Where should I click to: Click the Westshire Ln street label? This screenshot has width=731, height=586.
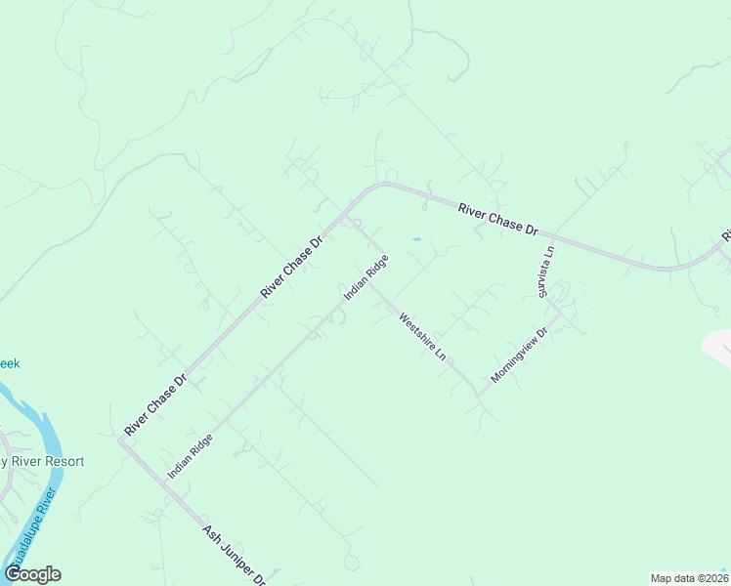coord(421,336)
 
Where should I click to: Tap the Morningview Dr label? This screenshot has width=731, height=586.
coord(521,354)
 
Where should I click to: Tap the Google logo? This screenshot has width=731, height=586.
coord(32,574)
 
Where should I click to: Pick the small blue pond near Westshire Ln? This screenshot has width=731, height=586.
coord(417,238)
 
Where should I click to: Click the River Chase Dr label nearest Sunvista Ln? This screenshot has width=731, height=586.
coord(498,217)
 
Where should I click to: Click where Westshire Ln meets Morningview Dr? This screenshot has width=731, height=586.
coord(479,393)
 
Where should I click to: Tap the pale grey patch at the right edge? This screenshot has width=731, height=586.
coord(718,347)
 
